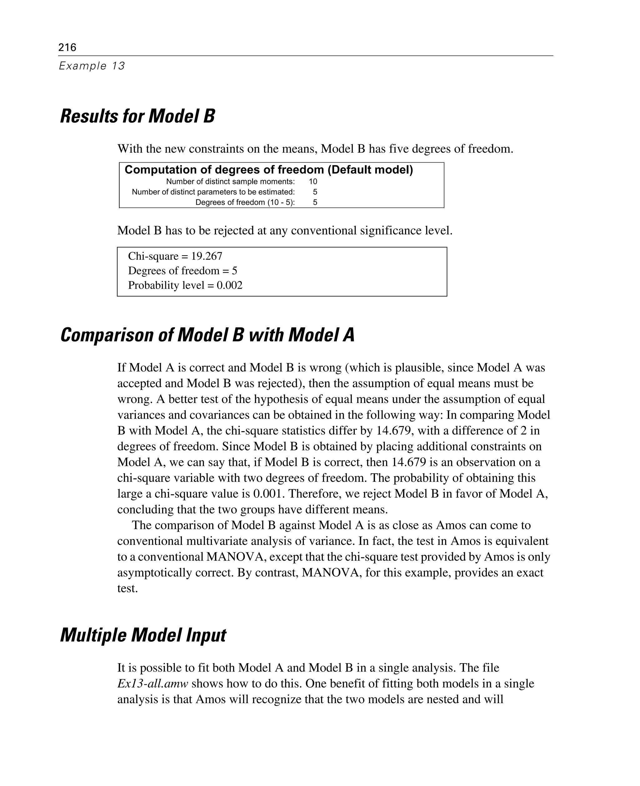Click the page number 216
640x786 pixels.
[x=67, y=47]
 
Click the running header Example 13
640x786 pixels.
[x=92, y=66]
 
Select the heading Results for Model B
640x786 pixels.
[x=137, y=116]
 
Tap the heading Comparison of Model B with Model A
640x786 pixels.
[x=207, y=335]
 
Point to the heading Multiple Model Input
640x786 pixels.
[x=143, y=635]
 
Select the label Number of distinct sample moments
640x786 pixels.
[x=230, y=181]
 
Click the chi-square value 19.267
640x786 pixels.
[x=207, y=256]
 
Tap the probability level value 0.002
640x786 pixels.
[x=229, y=285]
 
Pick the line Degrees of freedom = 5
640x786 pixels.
[x=182, y=271]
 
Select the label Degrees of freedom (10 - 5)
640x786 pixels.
[x=245, y=202]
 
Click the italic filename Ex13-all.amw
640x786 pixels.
[x=152, y=683]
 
